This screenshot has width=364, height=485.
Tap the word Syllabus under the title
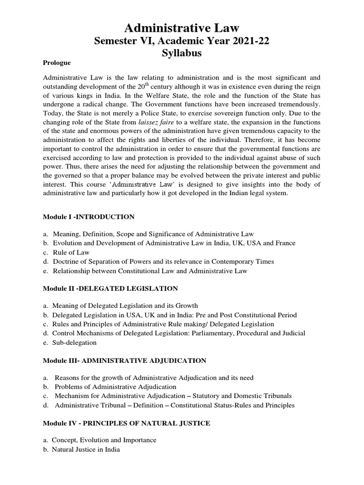[x=182, y=53]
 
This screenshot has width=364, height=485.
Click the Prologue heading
[x=57, y=63]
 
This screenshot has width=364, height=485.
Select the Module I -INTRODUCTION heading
[x=89, y=216]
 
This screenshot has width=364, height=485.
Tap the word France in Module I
[x=285, y=243]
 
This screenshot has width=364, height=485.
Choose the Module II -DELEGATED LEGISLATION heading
[x=110, y=288]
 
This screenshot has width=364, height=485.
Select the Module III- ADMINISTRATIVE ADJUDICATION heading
[x=124, y=360]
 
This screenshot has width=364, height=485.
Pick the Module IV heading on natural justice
[x=127, y=423]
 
